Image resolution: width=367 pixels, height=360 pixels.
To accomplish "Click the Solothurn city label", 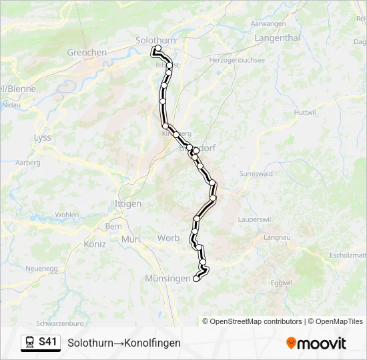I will (155, 40).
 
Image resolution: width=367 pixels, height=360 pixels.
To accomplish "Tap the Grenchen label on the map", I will (87, 52).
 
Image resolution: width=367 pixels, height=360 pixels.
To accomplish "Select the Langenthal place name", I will (277, 38).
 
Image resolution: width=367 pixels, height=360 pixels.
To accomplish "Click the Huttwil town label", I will (304, 111).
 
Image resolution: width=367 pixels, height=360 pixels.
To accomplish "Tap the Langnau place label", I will (277, 237).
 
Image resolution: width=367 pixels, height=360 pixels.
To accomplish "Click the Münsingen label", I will (167, 279).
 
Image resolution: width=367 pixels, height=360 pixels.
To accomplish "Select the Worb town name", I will (168, 238).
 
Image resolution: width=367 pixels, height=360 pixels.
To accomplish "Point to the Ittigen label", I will (128, 203).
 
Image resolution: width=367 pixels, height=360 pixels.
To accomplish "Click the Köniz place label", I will (95, 244).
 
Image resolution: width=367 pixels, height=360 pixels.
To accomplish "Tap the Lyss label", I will (42, 137).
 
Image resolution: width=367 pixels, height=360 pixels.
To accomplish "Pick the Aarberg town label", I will (27, 162).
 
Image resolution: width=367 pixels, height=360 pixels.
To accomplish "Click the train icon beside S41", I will (30, 343).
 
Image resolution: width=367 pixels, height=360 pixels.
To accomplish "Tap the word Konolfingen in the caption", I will (150, 343).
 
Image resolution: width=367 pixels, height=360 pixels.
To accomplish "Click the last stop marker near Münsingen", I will (196, 279).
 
